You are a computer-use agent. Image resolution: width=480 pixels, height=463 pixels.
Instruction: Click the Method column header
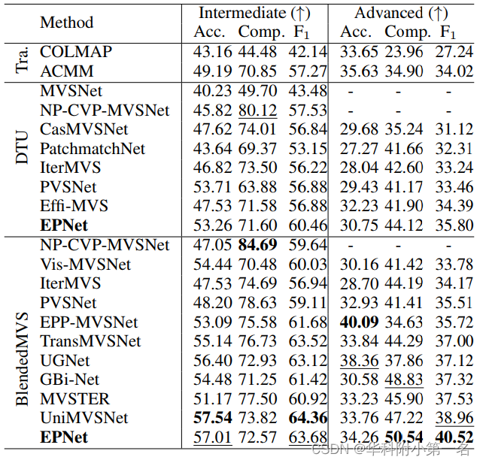pyautogui.click(x=67, y=23)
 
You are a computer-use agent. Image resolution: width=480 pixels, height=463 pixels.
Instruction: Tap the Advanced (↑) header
pyautogui.click(x=403, y=13)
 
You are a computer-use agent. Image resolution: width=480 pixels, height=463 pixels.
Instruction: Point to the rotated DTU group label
pyautogui.click(x=23, y=149)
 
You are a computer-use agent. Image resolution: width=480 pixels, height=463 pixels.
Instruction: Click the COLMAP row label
pyautogui.click(x=75, y=53)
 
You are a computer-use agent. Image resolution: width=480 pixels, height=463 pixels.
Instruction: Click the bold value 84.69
pyautogui.click(x=257, y=246)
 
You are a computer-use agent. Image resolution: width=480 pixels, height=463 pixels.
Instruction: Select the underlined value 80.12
pyautogui.click(x=257, y=110)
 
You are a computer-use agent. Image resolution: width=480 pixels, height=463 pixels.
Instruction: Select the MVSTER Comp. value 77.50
pyautogui.click(x=257, y=399)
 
